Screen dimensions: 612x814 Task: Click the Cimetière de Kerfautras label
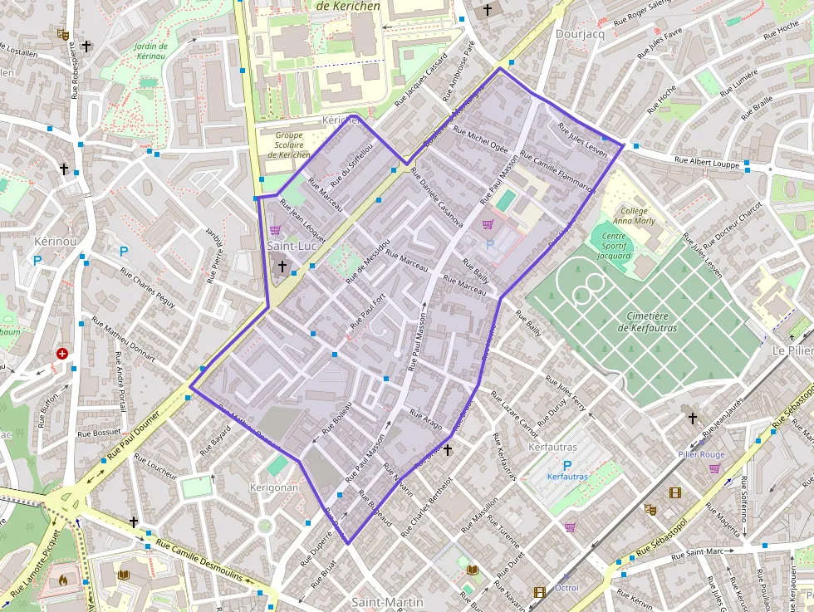click(647, 321)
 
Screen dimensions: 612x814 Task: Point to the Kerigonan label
click(273, 487)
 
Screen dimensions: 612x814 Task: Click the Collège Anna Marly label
click(634, 216)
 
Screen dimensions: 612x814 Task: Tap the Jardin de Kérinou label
click(151, 52)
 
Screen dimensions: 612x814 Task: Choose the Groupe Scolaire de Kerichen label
click(288, 144)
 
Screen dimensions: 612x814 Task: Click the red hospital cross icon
click(61, 354)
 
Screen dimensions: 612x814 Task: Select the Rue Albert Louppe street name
click(706, 161)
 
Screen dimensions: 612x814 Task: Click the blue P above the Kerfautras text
click(567, 466)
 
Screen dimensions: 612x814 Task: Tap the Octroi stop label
click(566, 588)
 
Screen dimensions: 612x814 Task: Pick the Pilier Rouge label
click(701, 454)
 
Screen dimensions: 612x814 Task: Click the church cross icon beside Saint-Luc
click(282, 267)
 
